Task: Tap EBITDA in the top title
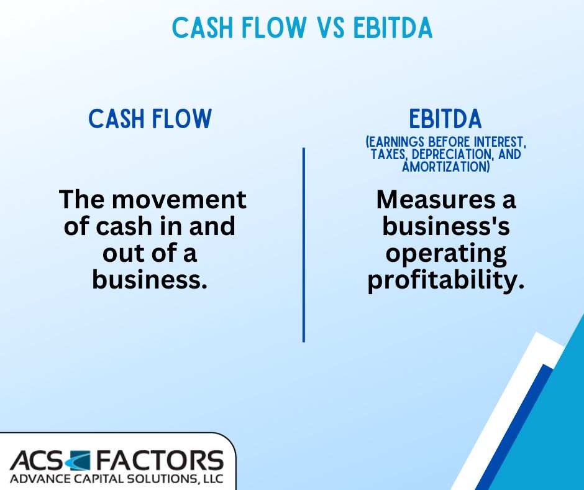pyautogui.click(x=393, y=27)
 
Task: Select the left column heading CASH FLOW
pyautogui.click(x=150, y=119)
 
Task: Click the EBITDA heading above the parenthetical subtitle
pyautogui.click(x=445, y=119)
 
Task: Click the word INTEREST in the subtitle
pyautogui.click(x=500, y=142)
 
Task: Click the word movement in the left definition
pyautogui.click(x=179, y=199)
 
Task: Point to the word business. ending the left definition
pyautogui.click(x=149, y=279)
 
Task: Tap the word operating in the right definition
pyautogui.click(x=446, y=254)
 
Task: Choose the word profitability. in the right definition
pyautogui.click(x=446, y=281)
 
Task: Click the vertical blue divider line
pyautogui.click(x=304, y=244)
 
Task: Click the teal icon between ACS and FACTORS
pyautogui.click(x=78, y=460)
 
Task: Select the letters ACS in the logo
pyautogui.click(x=37, y=460)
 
